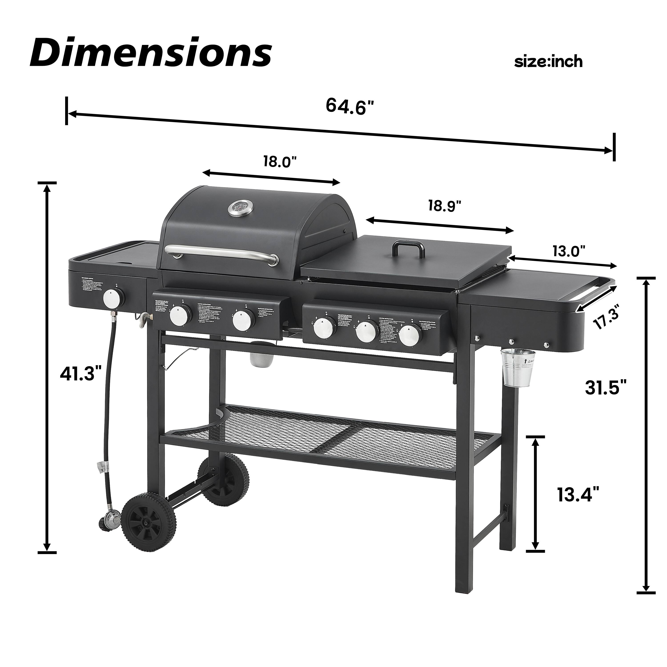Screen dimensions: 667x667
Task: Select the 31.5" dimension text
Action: [606, 387]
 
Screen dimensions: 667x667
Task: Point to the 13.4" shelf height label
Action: [578, 495]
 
